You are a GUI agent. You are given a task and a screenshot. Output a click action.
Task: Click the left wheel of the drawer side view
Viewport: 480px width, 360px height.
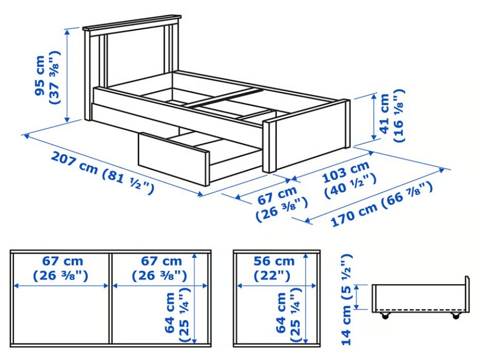pos(385,316)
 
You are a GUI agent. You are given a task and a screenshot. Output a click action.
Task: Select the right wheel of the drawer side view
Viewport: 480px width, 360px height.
pos(456,316)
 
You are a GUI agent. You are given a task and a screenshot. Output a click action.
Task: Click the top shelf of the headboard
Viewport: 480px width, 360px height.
pos(132,23)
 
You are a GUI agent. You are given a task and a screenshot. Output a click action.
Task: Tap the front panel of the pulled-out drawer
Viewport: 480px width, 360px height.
pos(173,158)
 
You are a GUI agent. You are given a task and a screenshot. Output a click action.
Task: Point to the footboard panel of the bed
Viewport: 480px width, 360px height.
pos(311,136)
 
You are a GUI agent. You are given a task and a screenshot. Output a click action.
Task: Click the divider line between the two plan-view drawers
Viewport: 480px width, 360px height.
pos(110,298)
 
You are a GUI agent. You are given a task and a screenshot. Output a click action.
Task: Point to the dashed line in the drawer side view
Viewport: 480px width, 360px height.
pos(419,310)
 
